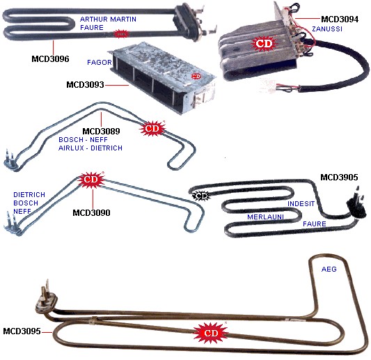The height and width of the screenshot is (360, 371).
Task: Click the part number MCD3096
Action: tap(50, 58)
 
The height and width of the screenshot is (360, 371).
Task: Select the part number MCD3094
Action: tap(340, 19)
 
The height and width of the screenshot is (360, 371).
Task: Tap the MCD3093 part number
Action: tap(85, 84)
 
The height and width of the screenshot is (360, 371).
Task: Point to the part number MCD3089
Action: tap(101, 131)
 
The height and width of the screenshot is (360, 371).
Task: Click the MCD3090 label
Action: tap(91, 212)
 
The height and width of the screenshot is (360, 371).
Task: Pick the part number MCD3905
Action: tap(339, 178)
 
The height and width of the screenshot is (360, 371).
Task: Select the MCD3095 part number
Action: tap(22, 331)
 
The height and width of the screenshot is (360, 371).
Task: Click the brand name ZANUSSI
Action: tap(327, 29)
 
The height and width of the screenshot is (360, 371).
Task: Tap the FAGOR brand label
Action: tap(100, 62)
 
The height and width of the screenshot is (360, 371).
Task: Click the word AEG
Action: tap(329, 269)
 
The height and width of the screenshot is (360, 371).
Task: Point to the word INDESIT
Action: tap(301, 203)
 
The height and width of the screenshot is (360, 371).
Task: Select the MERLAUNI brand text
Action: tap(265, 217)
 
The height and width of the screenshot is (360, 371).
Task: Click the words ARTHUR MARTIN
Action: tap(108, 19)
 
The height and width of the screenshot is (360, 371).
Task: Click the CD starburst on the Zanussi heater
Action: tap(264, 43)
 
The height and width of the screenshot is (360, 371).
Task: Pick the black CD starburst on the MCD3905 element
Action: tap(201, 196)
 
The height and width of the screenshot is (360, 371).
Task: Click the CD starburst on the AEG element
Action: tap(211, 333)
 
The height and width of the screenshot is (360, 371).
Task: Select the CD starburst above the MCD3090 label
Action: tap(91, 180)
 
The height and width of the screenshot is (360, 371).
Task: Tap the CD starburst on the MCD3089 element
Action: tap(152, 129)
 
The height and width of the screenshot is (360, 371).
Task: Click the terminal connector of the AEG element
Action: tap(46, 299)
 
